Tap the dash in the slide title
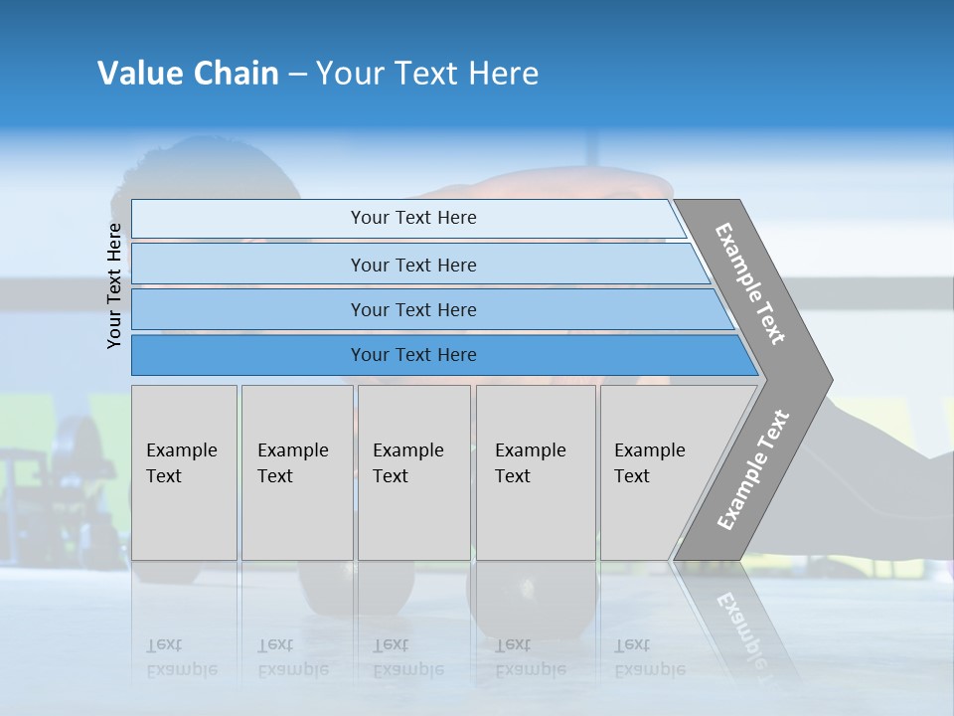tap(297, 75)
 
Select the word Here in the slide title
tap(503, 74)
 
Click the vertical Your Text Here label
tap(114, 285)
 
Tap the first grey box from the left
tap(184, 472)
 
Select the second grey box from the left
tap(296, 472)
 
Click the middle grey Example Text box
tap(413, 472)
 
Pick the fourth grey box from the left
tap(536, 472)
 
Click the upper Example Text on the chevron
tap(750, 283)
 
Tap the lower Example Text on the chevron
tap(752, 470)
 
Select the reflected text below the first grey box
tap(182, 657)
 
